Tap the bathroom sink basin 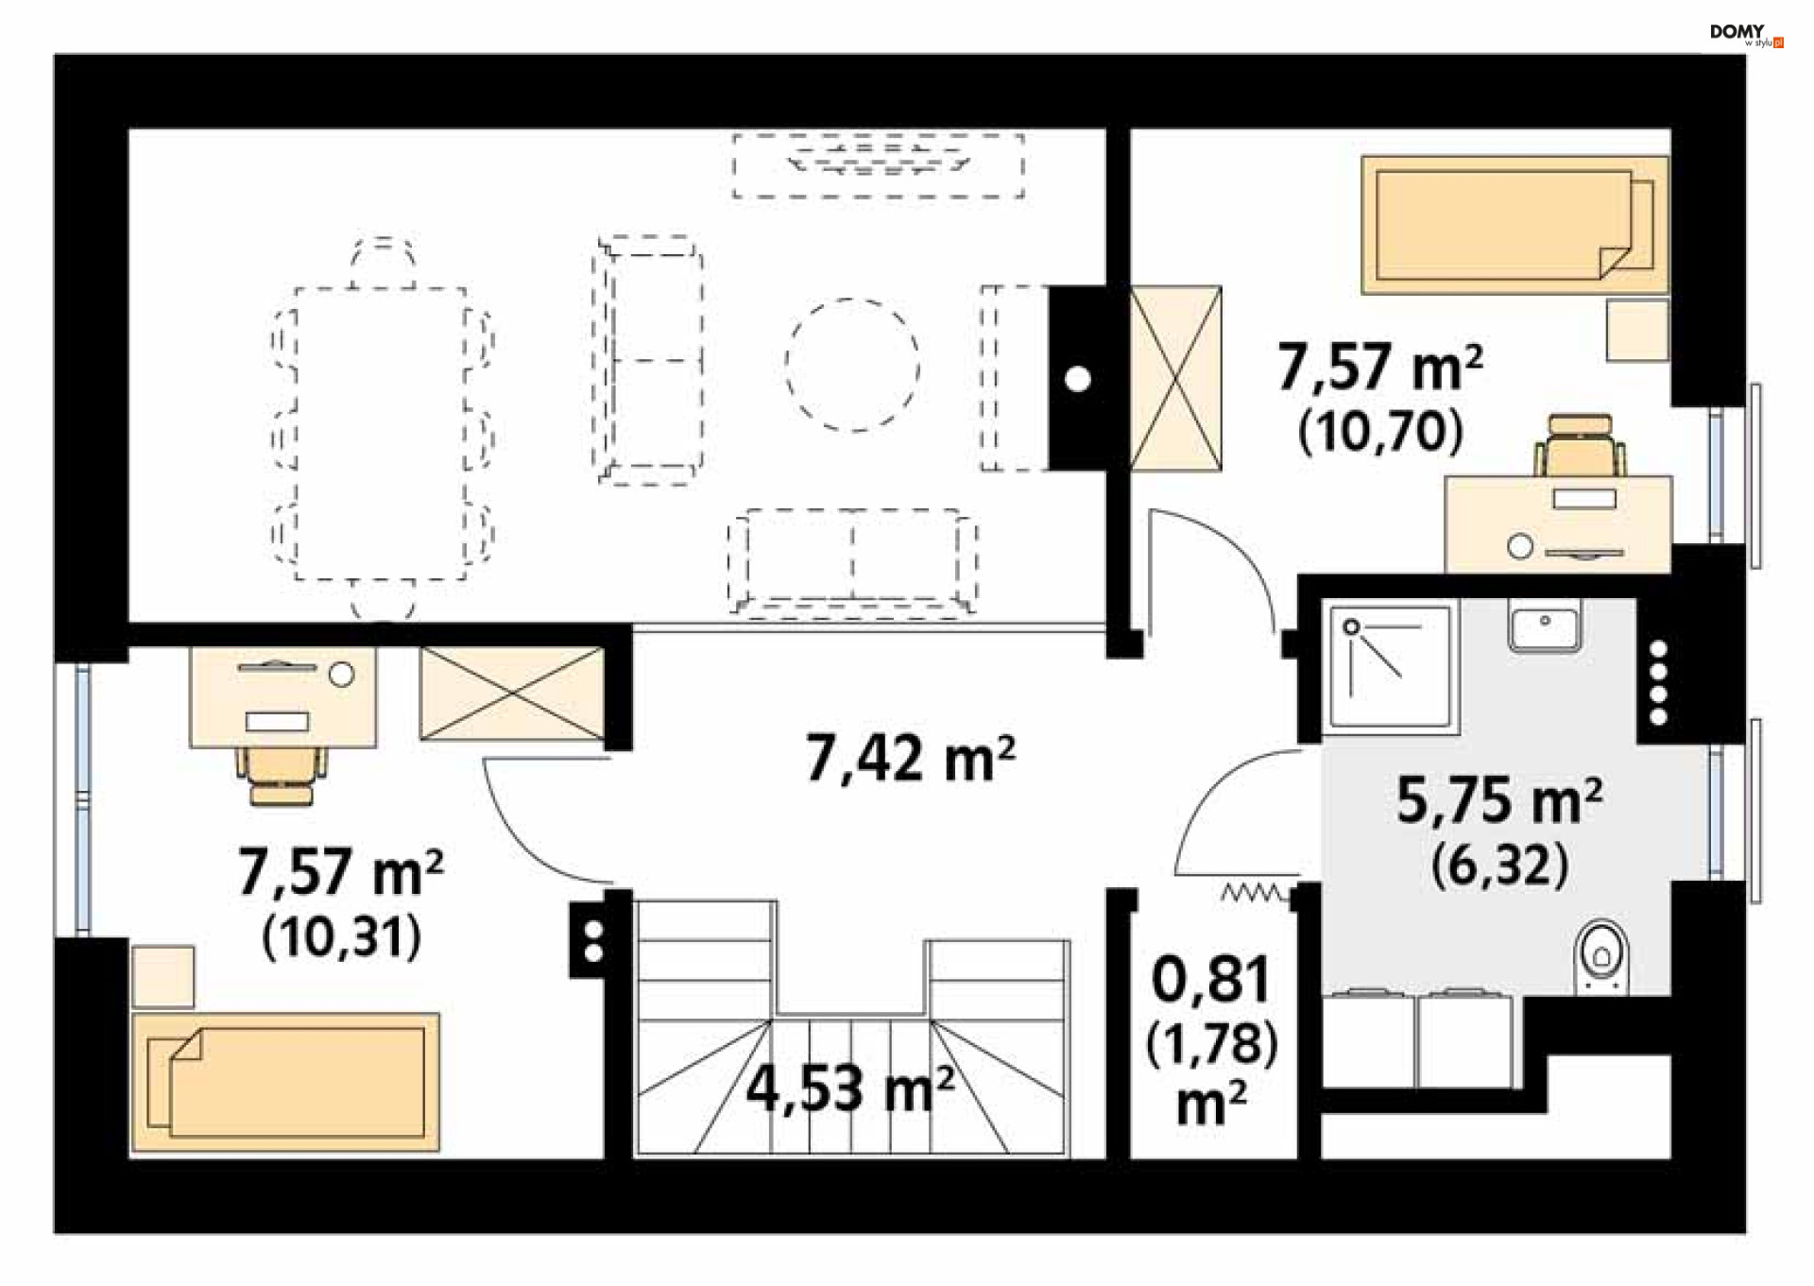[x=1544, y=626]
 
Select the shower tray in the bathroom [x=1389, y=668]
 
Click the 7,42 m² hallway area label [x=910, y=758]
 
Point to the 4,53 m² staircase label [x=850, y=1088]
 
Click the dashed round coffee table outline [x=852, y=365]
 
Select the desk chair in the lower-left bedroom [x=281, y=776]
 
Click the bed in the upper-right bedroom [x=1515, y=225]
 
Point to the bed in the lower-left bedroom [x=285, y=1082]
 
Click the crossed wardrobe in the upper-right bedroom [x=1175, y=378]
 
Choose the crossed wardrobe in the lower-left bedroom [x=511, y=693]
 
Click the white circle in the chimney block [x=1078, y=379]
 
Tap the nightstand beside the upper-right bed [x=1637, y=329]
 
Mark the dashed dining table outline [x=381, y=434]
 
